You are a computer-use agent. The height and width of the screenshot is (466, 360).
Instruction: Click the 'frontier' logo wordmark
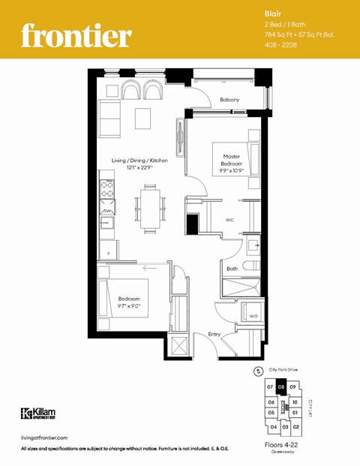(76, 34)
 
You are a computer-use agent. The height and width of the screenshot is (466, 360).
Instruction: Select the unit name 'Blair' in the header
(272, 14)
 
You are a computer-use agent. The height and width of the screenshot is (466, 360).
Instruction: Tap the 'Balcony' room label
(229, 100)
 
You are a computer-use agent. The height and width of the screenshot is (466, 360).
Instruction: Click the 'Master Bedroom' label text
(231, 160)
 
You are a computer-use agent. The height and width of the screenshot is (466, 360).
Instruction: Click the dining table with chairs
(149, 207)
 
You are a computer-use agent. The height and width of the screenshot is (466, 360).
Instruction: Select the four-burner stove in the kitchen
(106, 189)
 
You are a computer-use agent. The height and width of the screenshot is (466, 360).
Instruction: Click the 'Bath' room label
(232, 268)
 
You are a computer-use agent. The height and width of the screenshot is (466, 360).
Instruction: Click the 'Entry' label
(214, 335)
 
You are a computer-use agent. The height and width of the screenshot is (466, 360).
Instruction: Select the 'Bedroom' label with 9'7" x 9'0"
(128, 302)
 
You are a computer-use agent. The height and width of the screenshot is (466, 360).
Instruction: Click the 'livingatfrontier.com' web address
(46, 437)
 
